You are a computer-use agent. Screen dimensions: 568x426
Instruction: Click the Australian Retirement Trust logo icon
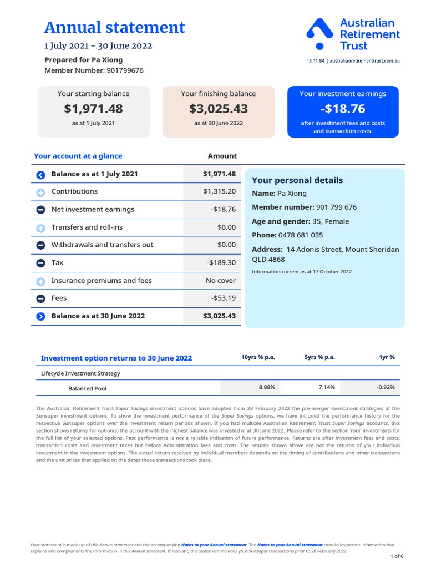coord(319,33)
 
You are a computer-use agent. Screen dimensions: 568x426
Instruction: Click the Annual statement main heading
coord(114,27)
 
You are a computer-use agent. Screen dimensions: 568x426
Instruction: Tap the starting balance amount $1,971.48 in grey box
coord(93,109)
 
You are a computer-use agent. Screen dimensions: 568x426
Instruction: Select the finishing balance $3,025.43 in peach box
coord(218,109)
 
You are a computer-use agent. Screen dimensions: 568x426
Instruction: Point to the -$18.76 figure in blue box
coord(342,109)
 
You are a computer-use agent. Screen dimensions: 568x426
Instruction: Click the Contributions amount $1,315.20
coord(219,191)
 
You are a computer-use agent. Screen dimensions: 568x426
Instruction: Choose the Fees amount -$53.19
coord(224,298)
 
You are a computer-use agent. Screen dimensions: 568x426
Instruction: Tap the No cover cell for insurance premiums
coord(220,281)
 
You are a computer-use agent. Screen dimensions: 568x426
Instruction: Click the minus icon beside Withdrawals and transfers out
coord(40,245)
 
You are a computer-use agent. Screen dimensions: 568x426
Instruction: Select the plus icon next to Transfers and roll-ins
coord(40,228)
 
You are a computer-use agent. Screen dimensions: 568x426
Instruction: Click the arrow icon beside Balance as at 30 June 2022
coord(40,317)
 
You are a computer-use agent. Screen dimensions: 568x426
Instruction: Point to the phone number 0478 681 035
coord(301,235)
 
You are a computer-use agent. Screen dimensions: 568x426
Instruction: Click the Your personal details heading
coord(297,180)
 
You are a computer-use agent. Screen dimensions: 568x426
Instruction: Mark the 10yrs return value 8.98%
coord(266,387)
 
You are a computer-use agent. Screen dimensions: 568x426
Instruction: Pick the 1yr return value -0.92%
coord(385,387)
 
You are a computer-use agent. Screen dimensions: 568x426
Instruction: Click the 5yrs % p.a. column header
coord(319,357)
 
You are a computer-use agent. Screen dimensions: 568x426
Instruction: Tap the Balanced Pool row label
coord(87,389)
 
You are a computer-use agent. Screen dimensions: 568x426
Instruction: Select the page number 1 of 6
coord(397,556)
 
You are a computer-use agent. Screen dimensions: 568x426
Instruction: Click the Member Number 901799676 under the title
coord(94,70)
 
